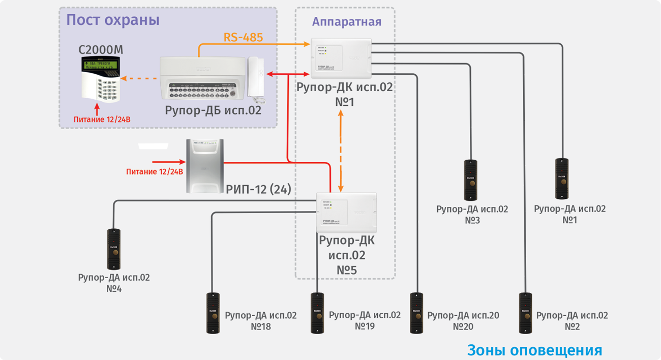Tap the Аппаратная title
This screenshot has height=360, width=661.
point(346,22)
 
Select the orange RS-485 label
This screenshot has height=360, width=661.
point(244,37)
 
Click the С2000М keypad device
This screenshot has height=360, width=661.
point(101,78)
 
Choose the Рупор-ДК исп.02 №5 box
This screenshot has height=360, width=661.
point(346,211)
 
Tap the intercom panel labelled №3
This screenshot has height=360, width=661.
point(470,180)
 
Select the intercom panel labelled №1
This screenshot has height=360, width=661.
point(562,179)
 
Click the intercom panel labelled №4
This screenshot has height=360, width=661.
point(113,249)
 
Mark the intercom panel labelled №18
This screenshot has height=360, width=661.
point(213,313)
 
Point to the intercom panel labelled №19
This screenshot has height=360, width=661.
point(317,313)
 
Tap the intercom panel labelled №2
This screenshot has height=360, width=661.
point(525,313)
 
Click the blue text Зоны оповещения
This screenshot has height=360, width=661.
point(534,350)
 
